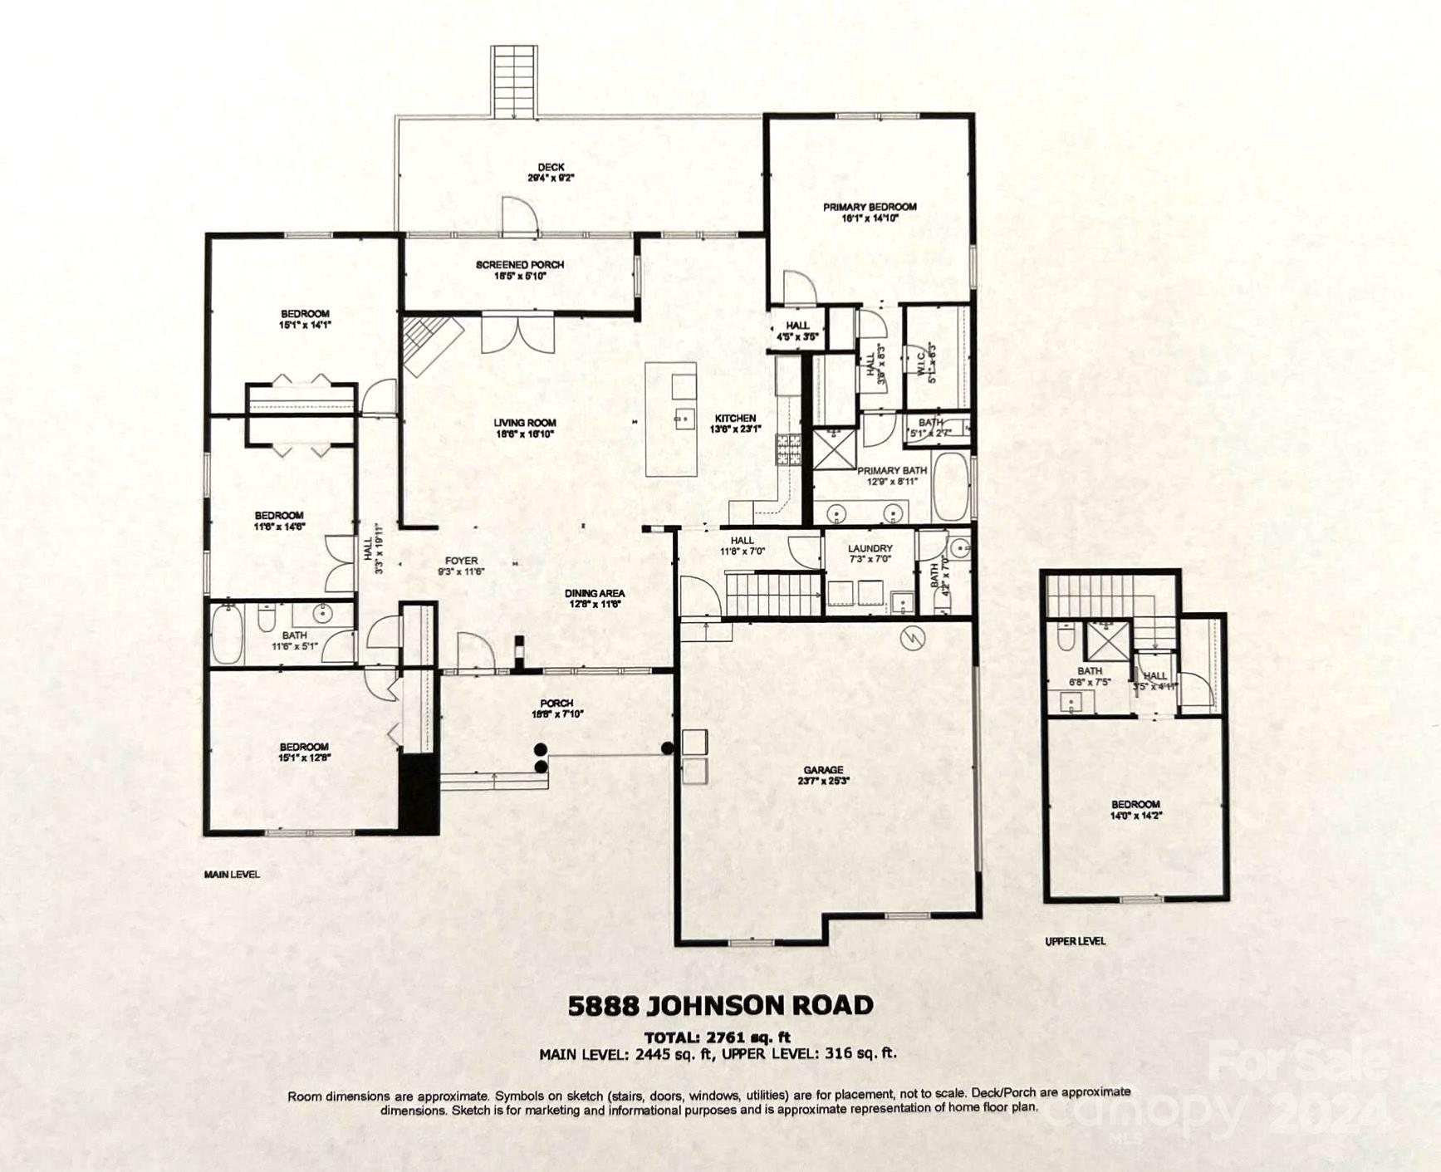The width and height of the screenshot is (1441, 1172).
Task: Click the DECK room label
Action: pyautogui.click(x=551, y=172)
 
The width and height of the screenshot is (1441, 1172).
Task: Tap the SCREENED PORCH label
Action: pyautogui.click(x=520, y=270)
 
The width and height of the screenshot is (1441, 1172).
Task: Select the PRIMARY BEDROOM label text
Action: pyautogui.click(x=870, y=212)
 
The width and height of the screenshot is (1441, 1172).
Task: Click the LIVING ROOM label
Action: pyautogui.click(x=525, y=428)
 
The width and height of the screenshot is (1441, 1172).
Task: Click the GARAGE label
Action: pyautogui.click(x=823, y=774)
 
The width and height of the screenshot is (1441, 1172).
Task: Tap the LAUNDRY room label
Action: pyautogui.click(x=870, y=553)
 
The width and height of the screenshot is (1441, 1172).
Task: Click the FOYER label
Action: pyautogui.click(x=461, y=566)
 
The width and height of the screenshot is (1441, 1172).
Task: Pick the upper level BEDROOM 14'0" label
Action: pyautogui.click(x=1135, y=809)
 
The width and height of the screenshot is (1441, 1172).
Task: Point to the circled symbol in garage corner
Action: pyautogui.click(x=913, y=637)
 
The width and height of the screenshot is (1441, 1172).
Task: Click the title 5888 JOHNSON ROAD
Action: pyautogui.click(x=720, y=1006)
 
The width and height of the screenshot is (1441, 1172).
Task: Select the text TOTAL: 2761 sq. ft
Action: pyautogui.click(x=718, y=1037)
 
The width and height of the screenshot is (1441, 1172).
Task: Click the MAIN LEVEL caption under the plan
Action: pyautogui.click(x=232, y=874)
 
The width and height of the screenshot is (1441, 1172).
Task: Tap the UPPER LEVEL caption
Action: pyautogui.click(x=1075, y=941)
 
